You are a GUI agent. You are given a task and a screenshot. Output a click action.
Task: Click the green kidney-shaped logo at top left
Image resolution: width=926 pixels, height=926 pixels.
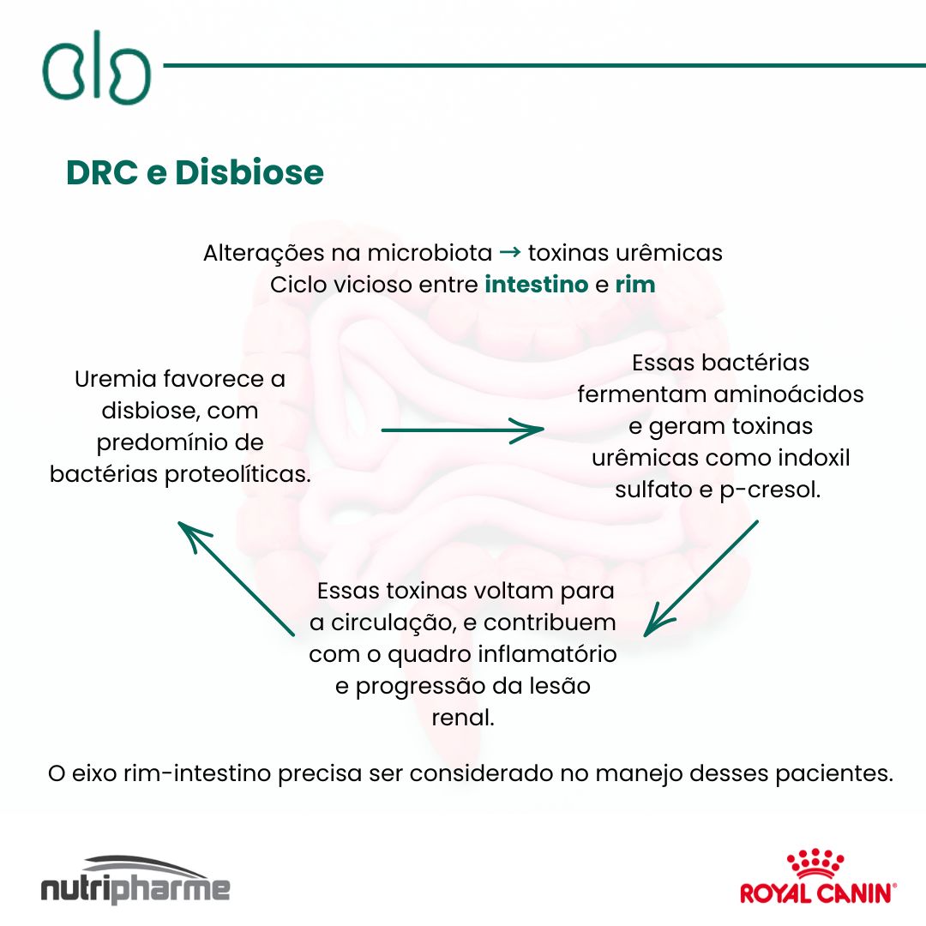96,68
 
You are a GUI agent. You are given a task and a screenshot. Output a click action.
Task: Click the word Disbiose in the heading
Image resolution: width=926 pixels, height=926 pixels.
250,173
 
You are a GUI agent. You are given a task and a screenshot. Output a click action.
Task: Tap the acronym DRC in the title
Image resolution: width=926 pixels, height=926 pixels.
103,173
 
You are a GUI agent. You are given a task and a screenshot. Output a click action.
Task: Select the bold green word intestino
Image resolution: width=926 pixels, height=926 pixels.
537,285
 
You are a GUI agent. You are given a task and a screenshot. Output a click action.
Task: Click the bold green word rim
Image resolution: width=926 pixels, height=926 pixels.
635,285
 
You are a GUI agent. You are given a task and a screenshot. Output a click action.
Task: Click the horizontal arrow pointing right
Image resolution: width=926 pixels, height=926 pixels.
463,430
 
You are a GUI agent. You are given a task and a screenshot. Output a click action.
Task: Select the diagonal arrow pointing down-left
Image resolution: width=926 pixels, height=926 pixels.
701,577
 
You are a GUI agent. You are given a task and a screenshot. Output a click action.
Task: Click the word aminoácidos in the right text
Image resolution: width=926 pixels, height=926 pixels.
788,394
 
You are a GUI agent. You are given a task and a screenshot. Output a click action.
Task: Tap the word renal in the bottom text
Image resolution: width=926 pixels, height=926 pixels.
463,718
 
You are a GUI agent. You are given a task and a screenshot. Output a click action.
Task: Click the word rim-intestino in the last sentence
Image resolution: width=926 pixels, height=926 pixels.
197,773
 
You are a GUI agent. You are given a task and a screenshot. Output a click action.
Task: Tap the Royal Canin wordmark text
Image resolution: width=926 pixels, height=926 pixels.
815,893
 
